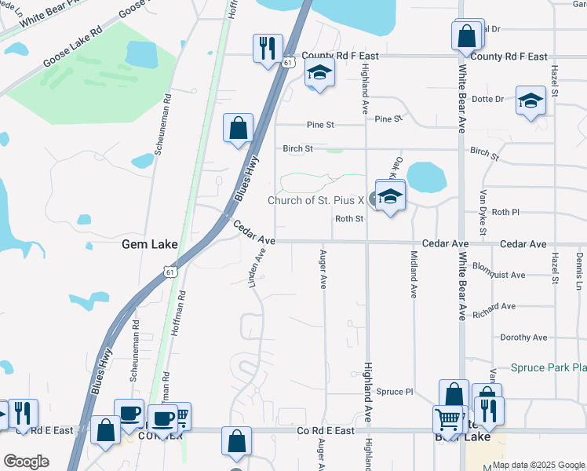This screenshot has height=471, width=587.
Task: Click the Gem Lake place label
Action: tap(149, 245)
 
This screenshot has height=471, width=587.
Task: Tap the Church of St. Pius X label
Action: tap(316, 200)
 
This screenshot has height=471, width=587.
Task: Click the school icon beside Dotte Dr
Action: tap(530, 100)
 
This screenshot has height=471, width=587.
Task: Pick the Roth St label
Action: tap(348, 220)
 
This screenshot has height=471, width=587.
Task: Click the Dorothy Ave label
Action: tap(523, 338)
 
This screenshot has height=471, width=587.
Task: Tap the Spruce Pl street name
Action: tap(394, 392)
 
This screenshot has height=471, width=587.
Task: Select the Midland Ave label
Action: tap(414, 274)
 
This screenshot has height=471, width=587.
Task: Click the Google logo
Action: tap(26, 462)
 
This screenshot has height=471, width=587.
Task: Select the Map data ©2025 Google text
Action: tap(538, 465)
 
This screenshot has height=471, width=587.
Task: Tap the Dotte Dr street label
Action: tap(487, 99)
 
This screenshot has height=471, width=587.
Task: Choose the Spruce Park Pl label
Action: tap(549, 367)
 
